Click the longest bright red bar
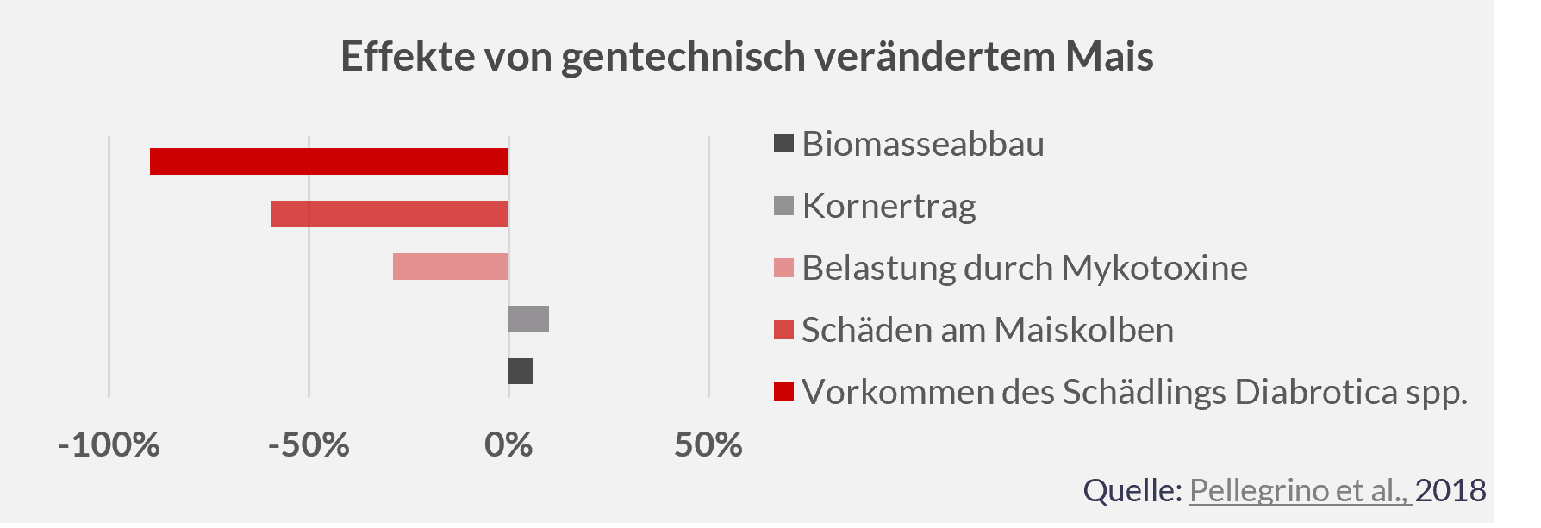[328, 162]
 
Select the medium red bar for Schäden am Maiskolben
[389, 214]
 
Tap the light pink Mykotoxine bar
[450, 267]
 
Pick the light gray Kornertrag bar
[528, 319]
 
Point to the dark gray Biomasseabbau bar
[520, 371]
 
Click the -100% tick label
[109, 445]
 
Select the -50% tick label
[309, 445]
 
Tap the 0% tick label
[508, 445]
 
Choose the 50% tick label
[708, 445]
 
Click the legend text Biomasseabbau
[922, 144]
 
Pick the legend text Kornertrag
[889, 207]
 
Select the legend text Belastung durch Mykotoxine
[1024, 268]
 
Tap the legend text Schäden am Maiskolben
[987, 330]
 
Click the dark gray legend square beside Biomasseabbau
[783, 144]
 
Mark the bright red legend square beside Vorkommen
[783, 392]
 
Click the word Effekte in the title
[407, 57]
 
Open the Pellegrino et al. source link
[1300, 490]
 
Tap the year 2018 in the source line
[1451, 490]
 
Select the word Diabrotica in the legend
[1316, 392]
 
